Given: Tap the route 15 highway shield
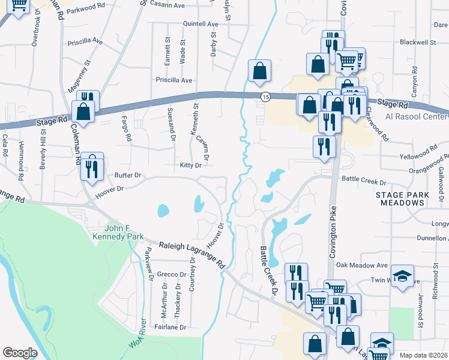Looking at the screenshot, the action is click(x=265, y=97).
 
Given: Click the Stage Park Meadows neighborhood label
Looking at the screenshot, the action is click(x=403, y=199).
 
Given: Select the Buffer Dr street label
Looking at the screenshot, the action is click(x=128, y=175).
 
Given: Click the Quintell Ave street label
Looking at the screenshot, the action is click(x=200, y=24).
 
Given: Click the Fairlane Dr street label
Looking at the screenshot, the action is click(x=170, y=327).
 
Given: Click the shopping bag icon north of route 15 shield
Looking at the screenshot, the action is click(x=259, y=70).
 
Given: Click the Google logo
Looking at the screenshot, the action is click(x=20, y=352).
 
